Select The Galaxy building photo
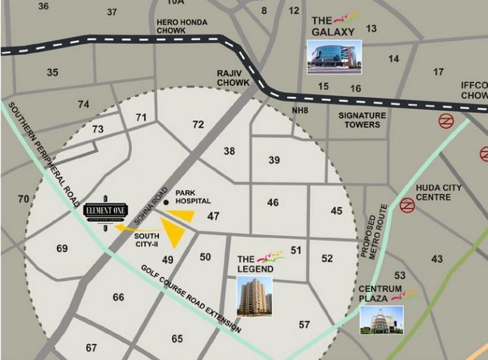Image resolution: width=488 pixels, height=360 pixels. point(335,56)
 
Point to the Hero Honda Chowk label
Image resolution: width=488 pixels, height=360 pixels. point(182,27)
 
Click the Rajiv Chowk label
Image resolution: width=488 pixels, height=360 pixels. point(233,78)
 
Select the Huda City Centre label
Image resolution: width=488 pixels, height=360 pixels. point(434,193)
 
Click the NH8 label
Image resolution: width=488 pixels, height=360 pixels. point(300,110)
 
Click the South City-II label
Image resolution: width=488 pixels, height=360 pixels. point(146,241)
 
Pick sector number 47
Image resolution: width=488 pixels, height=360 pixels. point(213,217)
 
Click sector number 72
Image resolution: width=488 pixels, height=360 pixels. point(199,125)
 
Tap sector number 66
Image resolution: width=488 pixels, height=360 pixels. point(119,298)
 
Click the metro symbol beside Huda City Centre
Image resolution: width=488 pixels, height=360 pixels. point(407,204)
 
